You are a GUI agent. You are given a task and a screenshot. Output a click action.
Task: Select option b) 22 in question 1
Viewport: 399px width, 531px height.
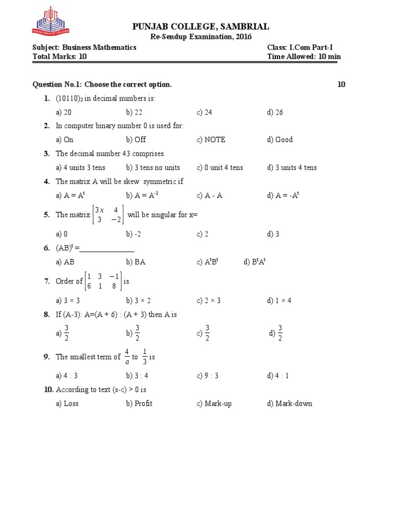[134, 112]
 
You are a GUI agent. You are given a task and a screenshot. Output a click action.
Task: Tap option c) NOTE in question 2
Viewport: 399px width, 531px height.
[211, 139]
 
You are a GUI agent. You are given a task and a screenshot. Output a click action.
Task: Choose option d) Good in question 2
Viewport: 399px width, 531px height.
[280, 139]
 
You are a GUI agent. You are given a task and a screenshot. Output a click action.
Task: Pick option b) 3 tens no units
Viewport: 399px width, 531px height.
[153, 167]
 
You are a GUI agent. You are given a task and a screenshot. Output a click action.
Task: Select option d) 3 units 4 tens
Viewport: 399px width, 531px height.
[292, 167]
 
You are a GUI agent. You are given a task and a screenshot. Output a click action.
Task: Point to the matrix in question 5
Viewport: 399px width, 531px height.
[108, 215]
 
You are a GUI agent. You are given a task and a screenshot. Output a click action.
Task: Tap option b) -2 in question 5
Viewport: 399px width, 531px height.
[134, 234]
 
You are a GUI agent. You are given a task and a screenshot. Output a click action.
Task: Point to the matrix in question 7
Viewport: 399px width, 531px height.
[103, 281]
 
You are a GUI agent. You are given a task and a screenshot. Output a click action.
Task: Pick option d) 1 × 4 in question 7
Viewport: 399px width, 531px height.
[280, 300]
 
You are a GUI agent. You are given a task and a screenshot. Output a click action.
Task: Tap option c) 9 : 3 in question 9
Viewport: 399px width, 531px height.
[208, 375]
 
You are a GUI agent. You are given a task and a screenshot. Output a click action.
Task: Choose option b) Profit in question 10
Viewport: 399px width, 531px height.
[139, 403]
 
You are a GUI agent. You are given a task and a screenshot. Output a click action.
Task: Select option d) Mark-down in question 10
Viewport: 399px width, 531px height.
[290, 403]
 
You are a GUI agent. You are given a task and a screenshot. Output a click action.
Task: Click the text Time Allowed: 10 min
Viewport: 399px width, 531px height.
[304, 57]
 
